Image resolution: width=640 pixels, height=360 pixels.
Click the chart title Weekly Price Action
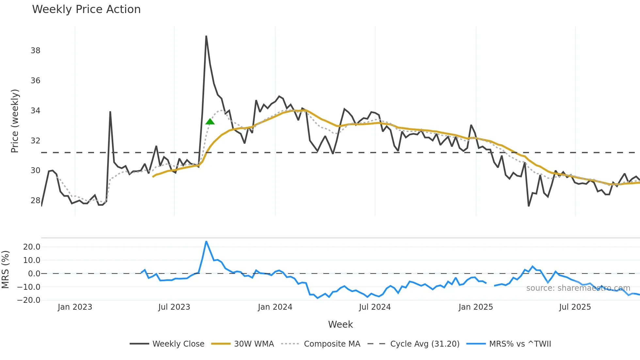pos(86,9)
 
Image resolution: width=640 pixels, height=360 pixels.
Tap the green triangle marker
pos(210,122)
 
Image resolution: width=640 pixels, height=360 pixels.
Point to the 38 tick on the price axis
pos(36,51)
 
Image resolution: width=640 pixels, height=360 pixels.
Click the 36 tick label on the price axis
pos(36,81)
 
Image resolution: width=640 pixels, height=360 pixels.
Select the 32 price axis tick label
pos(36,141)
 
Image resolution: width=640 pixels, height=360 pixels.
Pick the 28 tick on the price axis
pos(36,201)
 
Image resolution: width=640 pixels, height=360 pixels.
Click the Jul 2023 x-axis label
pos(174,307)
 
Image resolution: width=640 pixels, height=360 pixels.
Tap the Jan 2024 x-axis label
pos(275,307)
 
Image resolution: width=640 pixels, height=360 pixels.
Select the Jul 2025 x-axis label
pos(575,307)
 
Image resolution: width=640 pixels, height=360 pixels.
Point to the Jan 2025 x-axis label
pos(475,307)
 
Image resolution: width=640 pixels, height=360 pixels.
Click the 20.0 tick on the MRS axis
pos(32,247)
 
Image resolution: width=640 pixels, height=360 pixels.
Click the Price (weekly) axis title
pos(15,121)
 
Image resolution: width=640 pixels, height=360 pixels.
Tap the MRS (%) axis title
pos(6,270)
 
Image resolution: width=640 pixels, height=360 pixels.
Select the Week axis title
pos(340,324)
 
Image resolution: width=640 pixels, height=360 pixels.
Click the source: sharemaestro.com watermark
pos(578,288)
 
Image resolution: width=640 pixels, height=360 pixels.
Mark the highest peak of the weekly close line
pos(206,36)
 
